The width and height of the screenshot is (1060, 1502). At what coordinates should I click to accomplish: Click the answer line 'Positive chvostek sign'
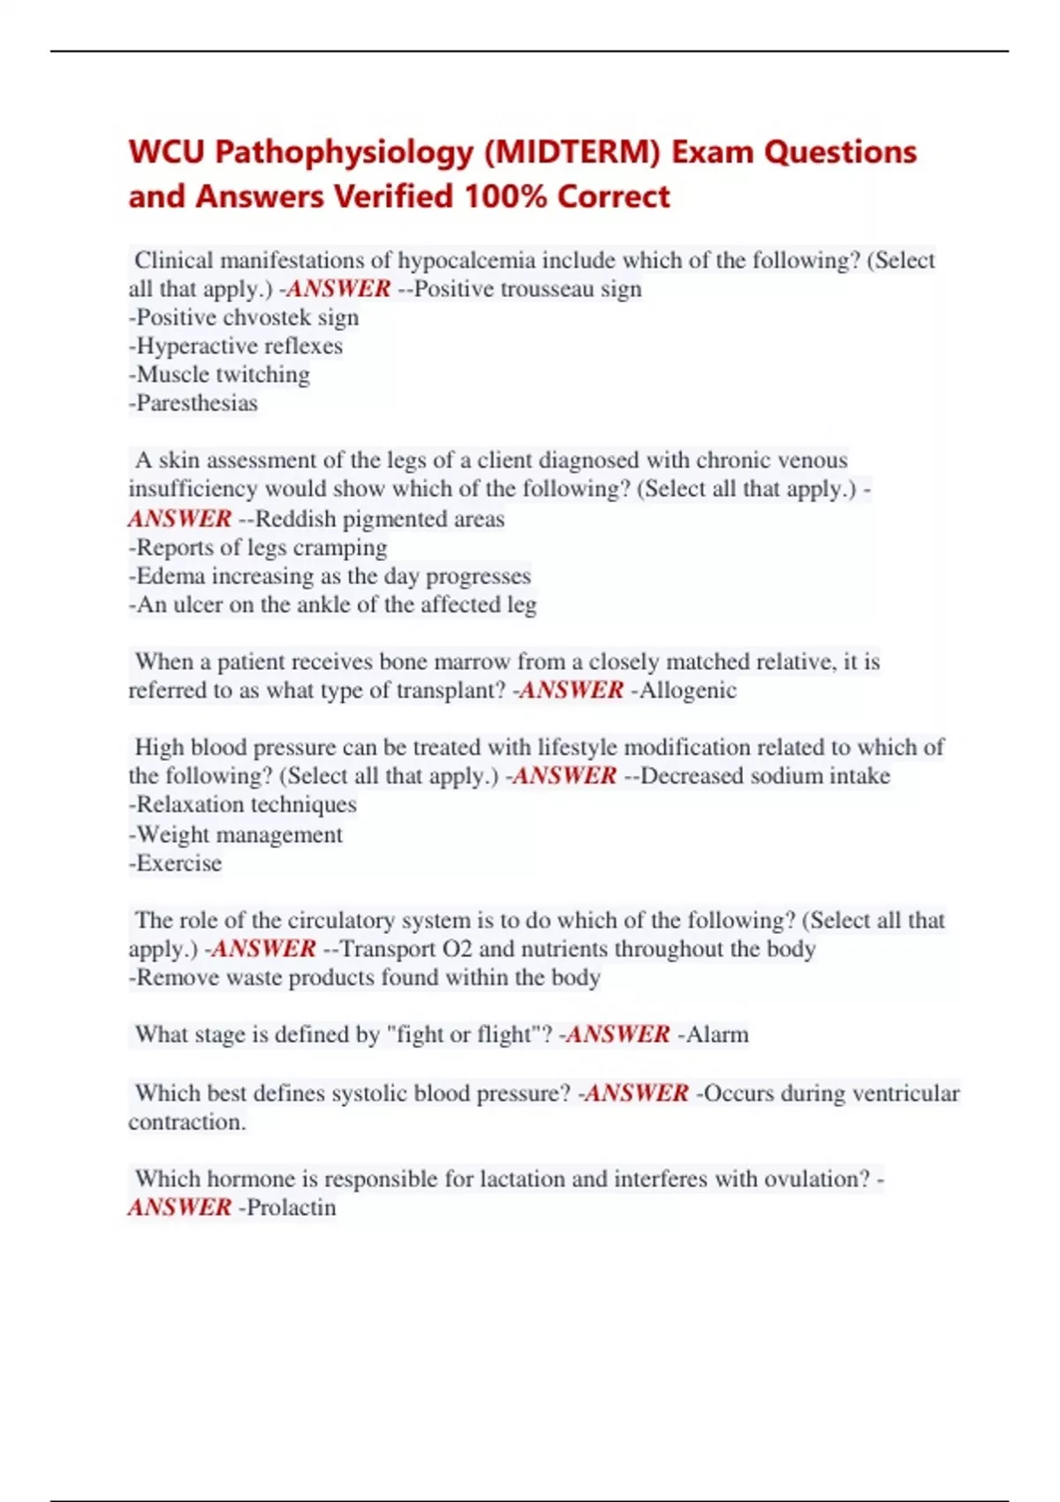[x=244, y=317]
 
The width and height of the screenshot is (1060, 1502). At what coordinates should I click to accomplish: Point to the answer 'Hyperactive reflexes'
[x=236, y=345]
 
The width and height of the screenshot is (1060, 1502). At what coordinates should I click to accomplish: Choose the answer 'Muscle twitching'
[x=220, y=375]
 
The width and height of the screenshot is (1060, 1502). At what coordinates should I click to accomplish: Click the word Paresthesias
[x=197, y=403]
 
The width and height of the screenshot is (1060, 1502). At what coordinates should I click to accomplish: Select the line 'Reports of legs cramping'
[x=258, y=548]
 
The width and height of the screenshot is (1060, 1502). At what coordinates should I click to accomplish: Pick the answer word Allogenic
[x=687, y=690]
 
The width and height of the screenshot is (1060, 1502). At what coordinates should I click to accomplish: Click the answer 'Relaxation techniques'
[x=243, y=804]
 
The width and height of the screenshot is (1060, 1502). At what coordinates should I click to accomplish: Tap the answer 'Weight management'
[x=236, y=834]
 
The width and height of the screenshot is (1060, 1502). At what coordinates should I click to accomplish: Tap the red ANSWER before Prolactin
[x=179, y=1208]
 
